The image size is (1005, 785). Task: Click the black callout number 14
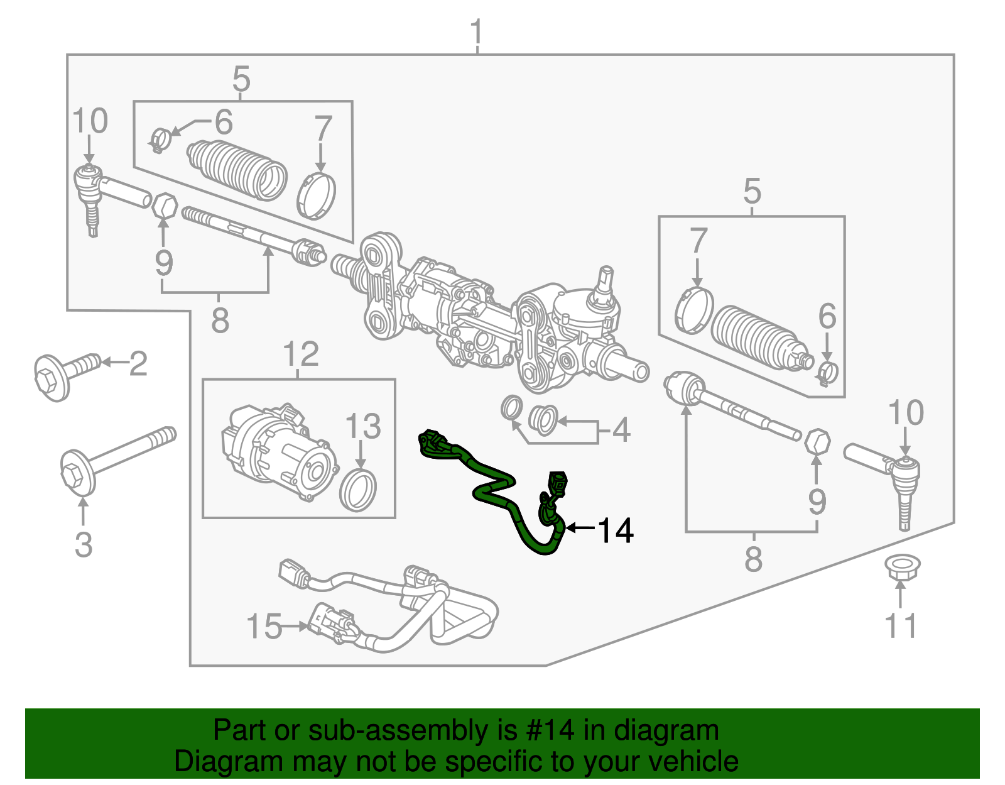[x=615, y=530]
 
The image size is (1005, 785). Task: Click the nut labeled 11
[x=899, y=568]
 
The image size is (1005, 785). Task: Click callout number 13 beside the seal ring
[x=363, y=426]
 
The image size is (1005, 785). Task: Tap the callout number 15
[x=264, y=627]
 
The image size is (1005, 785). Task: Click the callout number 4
[x=621, y=431]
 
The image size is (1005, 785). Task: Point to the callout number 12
[x=301, y=354]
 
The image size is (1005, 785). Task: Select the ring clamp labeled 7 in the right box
[x=693, y=309]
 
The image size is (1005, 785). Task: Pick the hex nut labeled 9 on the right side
[x=817, y=441]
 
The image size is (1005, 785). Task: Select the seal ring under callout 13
[x=358, y=490]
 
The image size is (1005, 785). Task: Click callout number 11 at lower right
[x=900, y=626]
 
